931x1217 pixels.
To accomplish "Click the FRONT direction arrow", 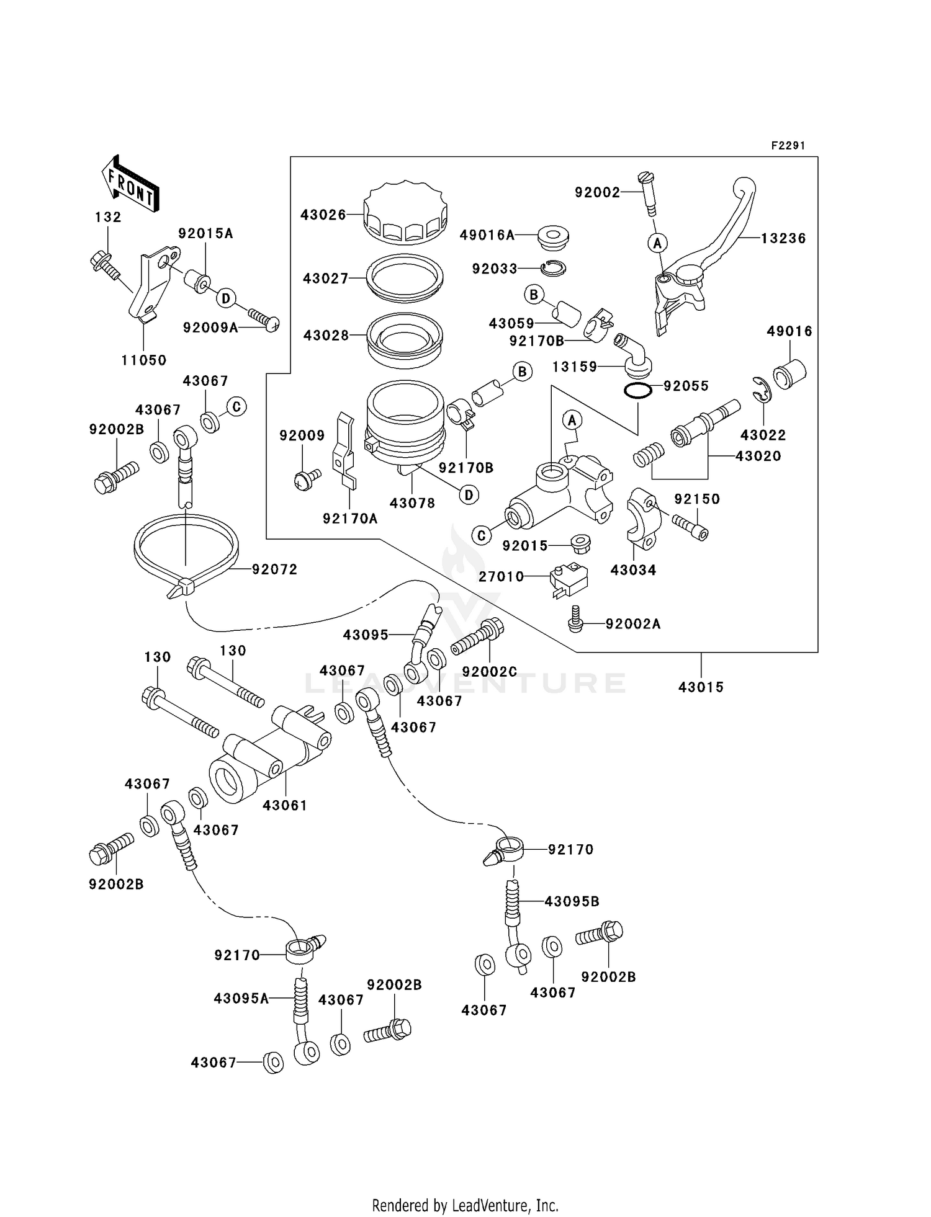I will pos(130,185).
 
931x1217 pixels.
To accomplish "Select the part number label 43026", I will pos(323,215).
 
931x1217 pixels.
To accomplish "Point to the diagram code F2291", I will pos(788,146).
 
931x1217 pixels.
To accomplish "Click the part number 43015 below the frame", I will pos(701,687).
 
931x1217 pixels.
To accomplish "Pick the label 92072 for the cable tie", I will pos(274,569).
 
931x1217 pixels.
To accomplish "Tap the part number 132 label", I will pos(108,217).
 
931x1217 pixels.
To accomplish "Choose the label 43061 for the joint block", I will pos(285,805).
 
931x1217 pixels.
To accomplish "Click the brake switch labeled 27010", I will pos(568,579).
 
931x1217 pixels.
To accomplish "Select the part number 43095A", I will pos(241,998).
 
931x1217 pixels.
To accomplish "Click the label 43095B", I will pos(572,901).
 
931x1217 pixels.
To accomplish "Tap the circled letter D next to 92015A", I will pos(226,299).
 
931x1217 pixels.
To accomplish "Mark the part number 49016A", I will pos(487,235).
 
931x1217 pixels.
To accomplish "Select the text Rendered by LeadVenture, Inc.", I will pos(465,1205).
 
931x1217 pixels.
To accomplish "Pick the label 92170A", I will pos(349,519).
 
